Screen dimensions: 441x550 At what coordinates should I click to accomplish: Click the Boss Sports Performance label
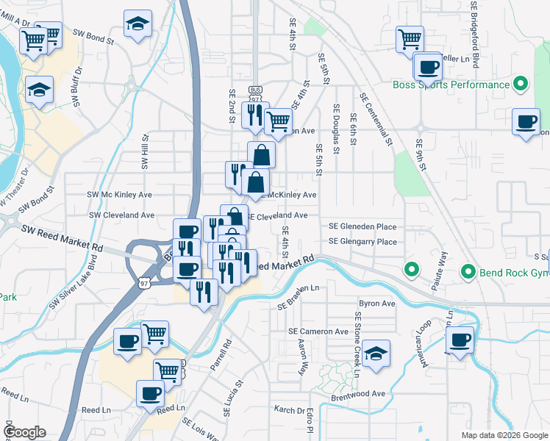coord(451,85)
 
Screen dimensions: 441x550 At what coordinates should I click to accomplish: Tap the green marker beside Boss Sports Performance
coord(521,84)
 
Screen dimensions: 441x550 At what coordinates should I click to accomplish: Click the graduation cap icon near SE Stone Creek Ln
coord(376,354)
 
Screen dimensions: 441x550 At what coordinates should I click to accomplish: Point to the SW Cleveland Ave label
coord(121,215)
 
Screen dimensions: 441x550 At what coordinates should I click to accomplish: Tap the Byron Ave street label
coord(376,303)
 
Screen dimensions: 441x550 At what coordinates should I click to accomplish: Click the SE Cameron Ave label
coord(318,331)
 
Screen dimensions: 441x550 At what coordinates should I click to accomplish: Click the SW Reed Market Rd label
coord(61,235)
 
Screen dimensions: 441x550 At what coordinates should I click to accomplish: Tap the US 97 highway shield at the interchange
coord(144,281)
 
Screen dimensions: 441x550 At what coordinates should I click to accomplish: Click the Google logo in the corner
coord(24,432)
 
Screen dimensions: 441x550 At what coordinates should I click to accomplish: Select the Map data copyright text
coord(503,435)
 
